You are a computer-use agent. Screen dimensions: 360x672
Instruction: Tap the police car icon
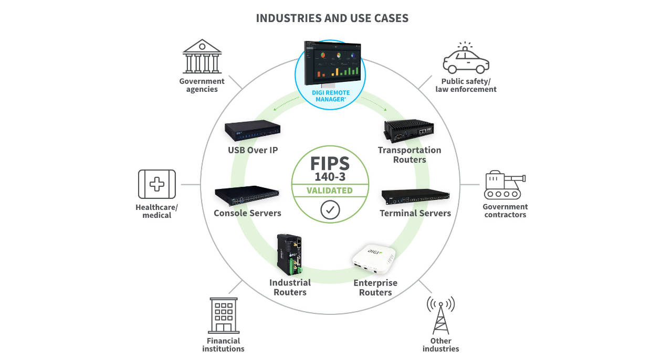coord(466,59)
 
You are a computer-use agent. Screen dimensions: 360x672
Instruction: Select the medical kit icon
coord(156,184)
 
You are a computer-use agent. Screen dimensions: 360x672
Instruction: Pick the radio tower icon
coord(440,315)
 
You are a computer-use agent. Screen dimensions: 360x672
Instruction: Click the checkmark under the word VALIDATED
coord(330,210)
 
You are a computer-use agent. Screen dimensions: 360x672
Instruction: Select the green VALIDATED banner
coord(330,190)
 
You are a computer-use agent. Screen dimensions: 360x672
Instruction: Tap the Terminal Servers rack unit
coord(415,197)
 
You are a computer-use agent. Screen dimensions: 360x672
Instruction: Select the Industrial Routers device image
coord(289,256)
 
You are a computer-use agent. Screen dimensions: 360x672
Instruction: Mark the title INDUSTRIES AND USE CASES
coord(332,18)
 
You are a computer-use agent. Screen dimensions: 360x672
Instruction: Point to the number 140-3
coord(330,177)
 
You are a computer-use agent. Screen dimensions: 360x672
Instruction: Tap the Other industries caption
coord(440,345)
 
